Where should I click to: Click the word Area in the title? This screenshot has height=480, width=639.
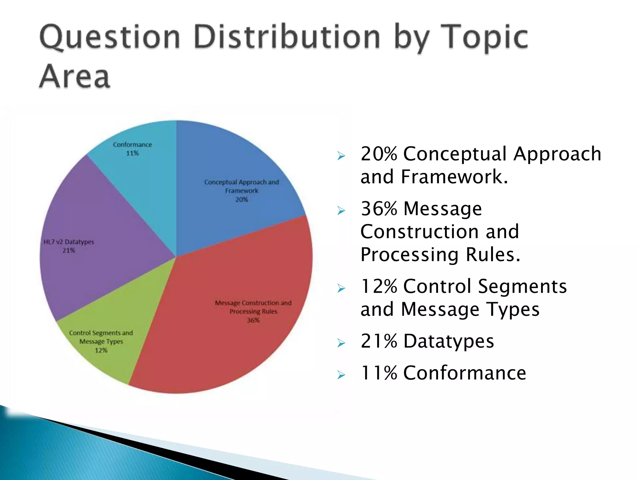pyautogui.click(x=75, y=77)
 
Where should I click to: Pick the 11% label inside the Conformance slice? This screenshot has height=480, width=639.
pyautogui.click(x=132, y=153)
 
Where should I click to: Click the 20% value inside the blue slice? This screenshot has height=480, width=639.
pyautogui.click(x=241, y=199)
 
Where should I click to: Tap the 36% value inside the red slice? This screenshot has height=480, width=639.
pyautogui.click(x=253, y=320)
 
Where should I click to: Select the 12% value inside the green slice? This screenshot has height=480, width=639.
pyautogui.click(x=101, y=350)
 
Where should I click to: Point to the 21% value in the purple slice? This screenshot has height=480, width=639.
pyautogui.click(x=69, y=250)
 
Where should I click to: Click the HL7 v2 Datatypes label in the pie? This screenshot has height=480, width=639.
pyautogui.click(x=69, y=242)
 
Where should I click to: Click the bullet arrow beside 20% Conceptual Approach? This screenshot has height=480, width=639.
pyautogui.click(x=341, y=155)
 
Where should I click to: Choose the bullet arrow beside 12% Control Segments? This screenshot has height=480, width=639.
pyautogui.click(x=341, y=288)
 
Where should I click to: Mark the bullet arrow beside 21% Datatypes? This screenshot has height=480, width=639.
pyautogui.click(x=341, y=343)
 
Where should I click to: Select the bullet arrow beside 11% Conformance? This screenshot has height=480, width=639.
pyautogui.click(x=341, y=374)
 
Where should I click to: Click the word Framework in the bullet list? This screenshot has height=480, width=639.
pyautogui.click(x=454, y=177)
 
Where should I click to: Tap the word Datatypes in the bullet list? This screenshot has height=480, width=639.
pyautogui.click(x=449, y=341)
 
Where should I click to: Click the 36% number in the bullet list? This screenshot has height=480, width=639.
pyautogui.click(x=379, y=208)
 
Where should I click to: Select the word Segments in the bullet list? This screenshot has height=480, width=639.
pyautogui.click(x=522, y=286)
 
